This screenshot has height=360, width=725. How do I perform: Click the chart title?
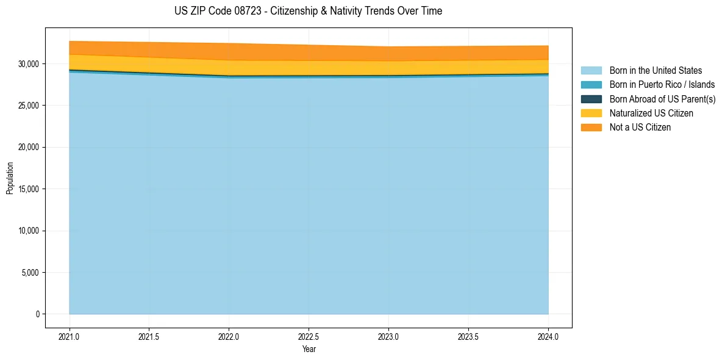[x=308, y=11]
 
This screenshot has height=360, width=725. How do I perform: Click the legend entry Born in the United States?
[x=655, y=71]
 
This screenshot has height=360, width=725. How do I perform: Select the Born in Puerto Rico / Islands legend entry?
[x=662, y=85]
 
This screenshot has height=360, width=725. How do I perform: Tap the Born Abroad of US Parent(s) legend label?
[x=662, y=99]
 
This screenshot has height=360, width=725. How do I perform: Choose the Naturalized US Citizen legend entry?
[x=651, y=113]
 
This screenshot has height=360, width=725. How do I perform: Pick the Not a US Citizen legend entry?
[x=640, y=128]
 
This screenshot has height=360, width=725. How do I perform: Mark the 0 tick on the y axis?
[x=37, y=314]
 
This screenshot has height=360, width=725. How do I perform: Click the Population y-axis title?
[x=10, y=178]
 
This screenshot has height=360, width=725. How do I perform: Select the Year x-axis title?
[x=309, y=349]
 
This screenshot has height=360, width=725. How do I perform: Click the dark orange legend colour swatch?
[x=591, y=128]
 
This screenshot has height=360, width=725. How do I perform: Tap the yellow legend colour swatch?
[x=591, y=113]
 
